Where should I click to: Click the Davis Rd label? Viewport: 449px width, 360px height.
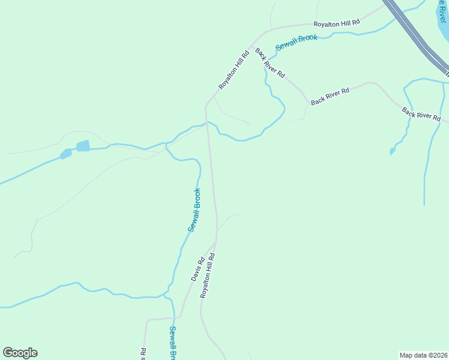point(198,269)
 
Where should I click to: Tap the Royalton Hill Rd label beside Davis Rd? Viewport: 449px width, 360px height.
point(208,275)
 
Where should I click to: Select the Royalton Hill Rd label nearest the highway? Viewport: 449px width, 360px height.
point(336,23)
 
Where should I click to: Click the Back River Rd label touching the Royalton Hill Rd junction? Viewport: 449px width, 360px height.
point(270,62)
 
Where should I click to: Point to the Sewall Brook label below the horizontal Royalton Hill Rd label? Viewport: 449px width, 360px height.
point(296,42)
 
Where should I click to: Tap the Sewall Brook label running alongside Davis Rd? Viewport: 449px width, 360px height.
point(194,210)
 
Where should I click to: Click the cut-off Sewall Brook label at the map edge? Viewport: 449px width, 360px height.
point(172,343)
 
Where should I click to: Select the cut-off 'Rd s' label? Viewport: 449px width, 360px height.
point(143,354)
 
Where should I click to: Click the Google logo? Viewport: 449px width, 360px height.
point(20,353)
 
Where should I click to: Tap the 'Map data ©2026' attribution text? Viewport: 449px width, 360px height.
point(423,355)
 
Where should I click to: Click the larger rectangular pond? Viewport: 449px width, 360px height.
point(83,146)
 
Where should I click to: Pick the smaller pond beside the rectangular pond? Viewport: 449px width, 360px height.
point(65,154)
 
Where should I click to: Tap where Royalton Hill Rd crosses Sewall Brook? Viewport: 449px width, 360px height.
point(208,123)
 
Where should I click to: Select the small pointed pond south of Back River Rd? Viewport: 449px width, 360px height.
point(393,151)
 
